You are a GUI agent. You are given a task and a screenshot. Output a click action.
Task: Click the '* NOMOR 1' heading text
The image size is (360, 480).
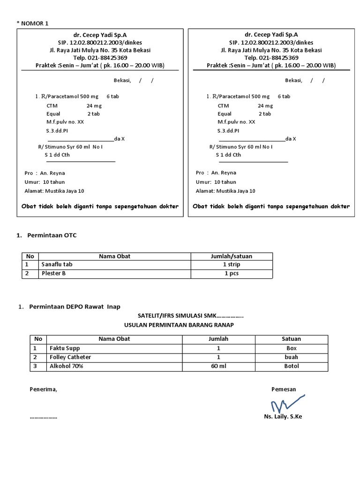pyautogui.click(x=32, y=23)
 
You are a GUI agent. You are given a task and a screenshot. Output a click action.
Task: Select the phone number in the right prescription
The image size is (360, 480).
pyautogui.click(x=271, y=58)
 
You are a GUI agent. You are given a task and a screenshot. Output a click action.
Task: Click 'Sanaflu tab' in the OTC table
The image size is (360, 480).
pyautogui.click(x=57, y=265)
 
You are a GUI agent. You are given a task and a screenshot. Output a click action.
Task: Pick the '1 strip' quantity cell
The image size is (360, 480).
pyautogui.click(x=232, y=265)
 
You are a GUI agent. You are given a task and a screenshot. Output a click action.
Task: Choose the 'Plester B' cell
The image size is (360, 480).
pyautogui.click(x=54, y=273)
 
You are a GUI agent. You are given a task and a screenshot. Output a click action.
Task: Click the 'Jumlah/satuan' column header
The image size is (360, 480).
pyautogui.click(x=232, y=256)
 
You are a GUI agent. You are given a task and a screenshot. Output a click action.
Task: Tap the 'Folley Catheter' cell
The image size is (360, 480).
pyautogui.click(x=70, y=357)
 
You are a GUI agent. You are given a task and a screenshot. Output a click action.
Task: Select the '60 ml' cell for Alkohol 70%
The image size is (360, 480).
pyautogui.click(x=218, y=366)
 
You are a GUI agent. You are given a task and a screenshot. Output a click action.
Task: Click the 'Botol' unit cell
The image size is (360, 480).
pyautogui.click(x=291, y=366)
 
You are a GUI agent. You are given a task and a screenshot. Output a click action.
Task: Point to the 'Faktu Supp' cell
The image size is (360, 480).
pyautogui.click(x=65, y=348)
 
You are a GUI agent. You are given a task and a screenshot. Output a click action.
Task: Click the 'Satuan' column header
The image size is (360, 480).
pyautogui.click(x=291, y=339)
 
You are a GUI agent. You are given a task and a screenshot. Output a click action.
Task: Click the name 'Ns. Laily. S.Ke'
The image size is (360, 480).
pyautogui.click(x=283, y=417)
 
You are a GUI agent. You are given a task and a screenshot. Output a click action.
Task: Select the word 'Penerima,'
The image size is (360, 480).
pyautogui.click(x=43, y=390)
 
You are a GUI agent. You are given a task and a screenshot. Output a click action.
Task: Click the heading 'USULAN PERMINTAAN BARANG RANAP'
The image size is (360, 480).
pyautogui.click(x=178, y=324)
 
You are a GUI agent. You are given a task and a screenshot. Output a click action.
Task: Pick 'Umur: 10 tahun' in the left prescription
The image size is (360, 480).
pyautogui.click(x=45, y=182)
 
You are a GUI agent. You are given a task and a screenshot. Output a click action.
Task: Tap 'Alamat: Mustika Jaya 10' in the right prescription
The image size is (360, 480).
pyautogui.click(x=225, y=191)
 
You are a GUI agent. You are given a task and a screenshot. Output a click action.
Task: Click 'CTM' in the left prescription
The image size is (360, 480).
pyautogui.click(x=52, y=106)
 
